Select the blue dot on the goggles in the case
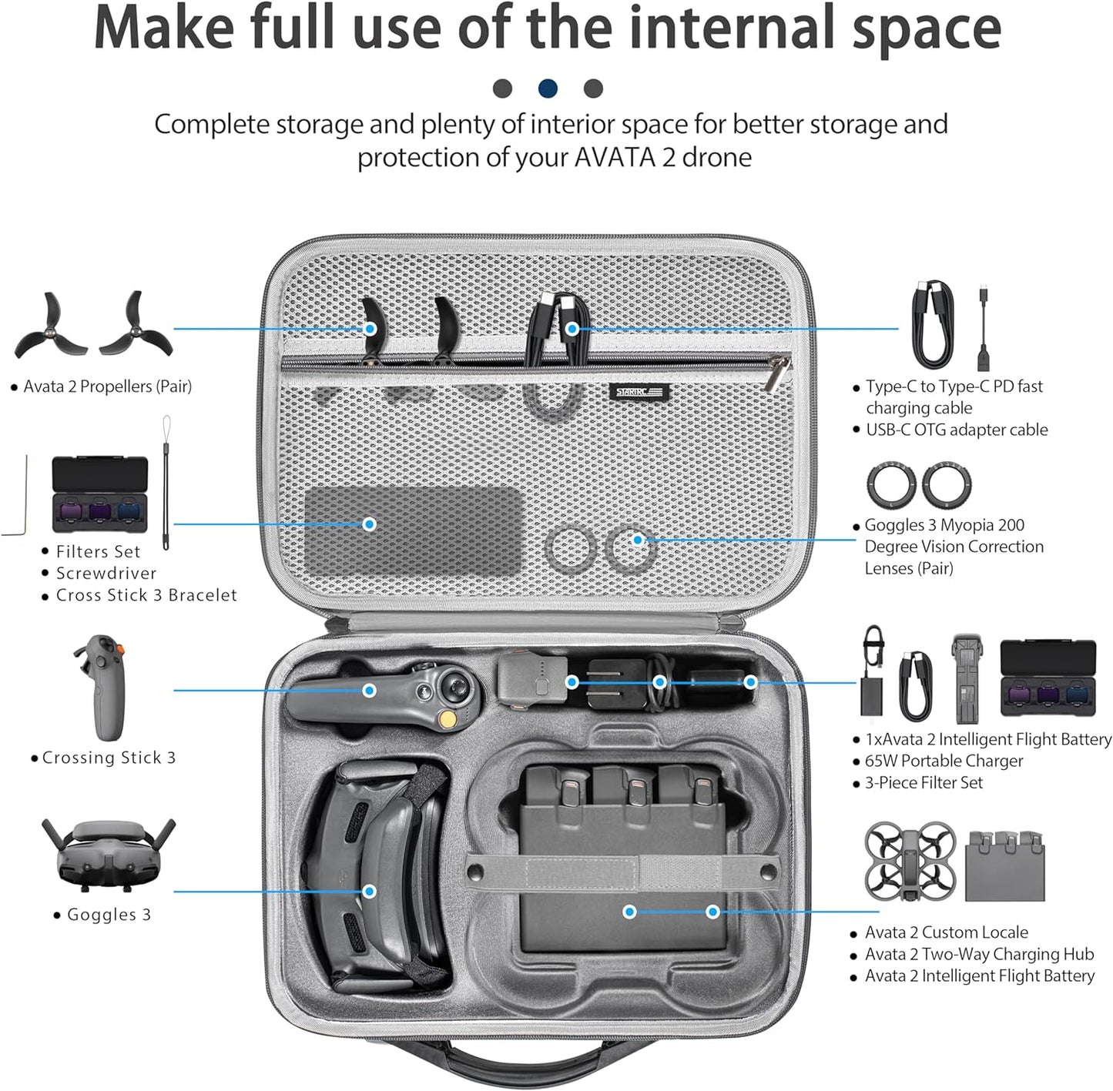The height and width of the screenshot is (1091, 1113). [370, 891]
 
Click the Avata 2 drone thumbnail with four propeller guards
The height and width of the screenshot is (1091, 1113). [910, 861]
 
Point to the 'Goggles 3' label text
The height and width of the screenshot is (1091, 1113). [109, 915]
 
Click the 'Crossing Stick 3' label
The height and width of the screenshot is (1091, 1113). [109, 758]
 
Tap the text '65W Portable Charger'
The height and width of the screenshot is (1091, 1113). [944, 761]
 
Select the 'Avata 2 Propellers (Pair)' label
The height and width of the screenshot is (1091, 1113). [107, 387]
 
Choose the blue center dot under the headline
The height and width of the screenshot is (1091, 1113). [548, 89]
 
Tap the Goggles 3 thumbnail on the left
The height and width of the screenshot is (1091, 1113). [109, 853]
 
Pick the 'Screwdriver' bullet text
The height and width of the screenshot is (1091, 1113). [106, 574]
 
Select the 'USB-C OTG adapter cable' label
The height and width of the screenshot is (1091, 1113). [957, 430]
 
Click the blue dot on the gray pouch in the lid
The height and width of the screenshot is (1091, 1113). [370, 524]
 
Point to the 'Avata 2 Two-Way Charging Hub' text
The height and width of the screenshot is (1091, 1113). [979, 954]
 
